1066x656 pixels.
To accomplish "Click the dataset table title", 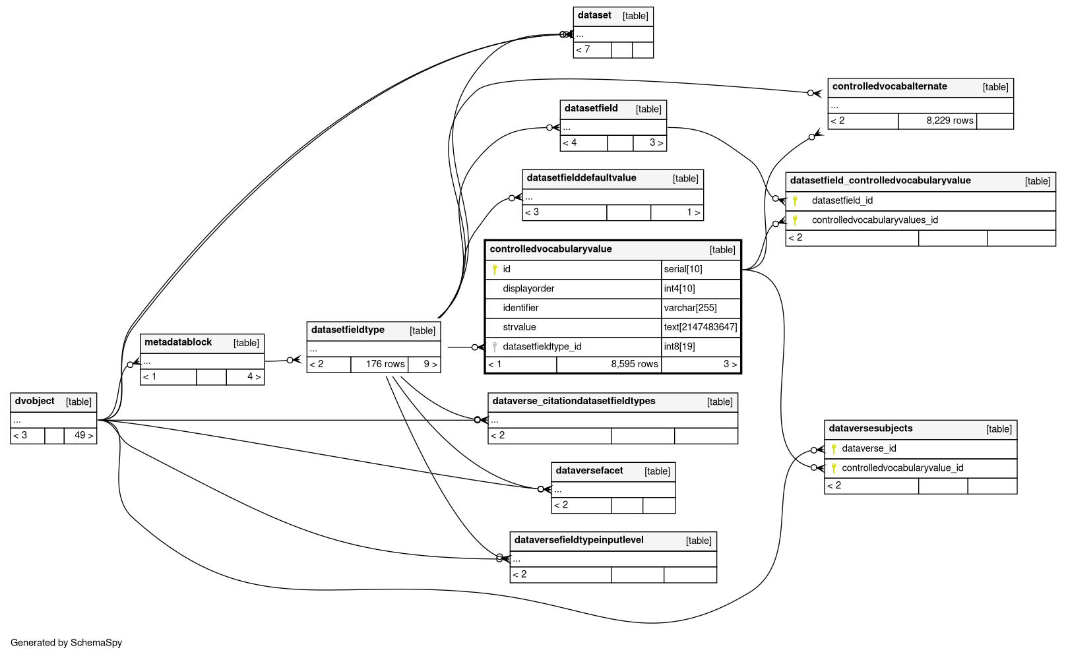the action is [x=594, y=15].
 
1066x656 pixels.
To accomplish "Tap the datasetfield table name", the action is [x=591, y=109].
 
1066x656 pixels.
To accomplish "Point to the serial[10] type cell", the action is [x=701, y=270].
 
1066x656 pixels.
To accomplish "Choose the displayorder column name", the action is [x=528, y=289].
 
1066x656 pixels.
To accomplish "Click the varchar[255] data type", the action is [x=690, y=308].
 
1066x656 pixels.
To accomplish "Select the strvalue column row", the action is [x=612, y=328].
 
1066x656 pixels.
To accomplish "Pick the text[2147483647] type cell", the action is [x=701, y=328].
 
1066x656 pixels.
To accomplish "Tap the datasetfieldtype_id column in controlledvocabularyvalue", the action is [x=542, y=347].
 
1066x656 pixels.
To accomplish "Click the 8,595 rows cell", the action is [x=609, y=365].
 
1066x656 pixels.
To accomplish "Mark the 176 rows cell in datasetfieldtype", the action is [x=379, y=365].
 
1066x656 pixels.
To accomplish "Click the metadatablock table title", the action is [x=178, y=343].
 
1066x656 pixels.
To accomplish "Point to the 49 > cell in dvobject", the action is [x=80, y=436].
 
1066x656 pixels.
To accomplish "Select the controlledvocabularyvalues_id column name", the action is [x=875, y=220].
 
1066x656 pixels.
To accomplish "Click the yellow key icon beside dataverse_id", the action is [x=833, y=448].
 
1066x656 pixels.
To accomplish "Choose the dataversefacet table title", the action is [x=589, y=471].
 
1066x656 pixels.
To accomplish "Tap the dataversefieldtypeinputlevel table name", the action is [x=579, y=541].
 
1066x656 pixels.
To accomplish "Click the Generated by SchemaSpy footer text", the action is [x=66, y=643].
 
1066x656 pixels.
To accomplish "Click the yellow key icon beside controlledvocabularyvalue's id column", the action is [x=495, y=270].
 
